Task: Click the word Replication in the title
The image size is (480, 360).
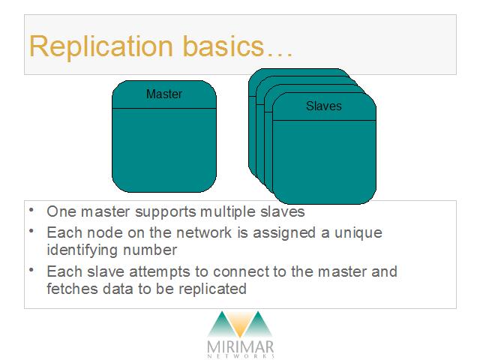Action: coord(101,46)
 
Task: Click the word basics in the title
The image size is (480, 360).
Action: coord(223,46)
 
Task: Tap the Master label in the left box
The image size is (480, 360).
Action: coord(164,94)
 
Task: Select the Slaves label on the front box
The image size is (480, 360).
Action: coord(324,106)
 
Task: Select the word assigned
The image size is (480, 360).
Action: coord(284,233)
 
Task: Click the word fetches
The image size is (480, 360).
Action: coord(72,289)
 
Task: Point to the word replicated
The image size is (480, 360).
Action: coord(212,289)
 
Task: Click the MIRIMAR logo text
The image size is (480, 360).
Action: coord(240,347)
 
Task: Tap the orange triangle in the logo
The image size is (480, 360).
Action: coord(240,325)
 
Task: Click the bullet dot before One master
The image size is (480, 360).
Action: coord(31,210)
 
